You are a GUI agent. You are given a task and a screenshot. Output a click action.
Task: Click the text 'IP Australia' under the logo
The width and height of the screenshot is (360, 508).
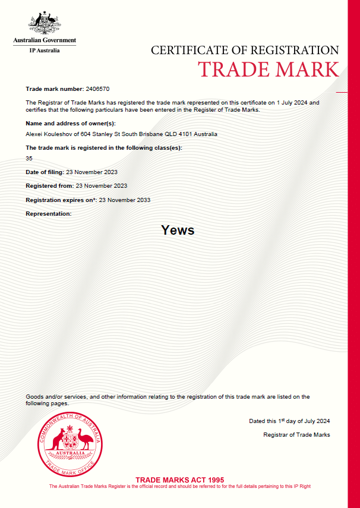[45, 50]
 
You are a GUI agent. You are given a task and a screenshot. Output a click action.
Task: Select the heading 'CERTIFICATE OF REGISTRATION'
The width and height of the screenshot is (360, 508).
[245, 51]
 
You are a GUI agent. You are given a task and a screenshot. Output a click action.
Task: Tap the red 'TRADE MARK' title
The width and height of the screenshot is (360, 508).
[269, 69]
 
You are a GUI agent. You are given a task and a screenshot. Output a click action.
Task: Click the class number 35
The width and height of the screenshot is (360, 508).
[29, 159]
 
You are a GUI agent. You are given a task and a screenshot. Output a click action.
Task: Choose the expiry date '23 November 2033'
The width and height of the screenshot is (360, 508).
[125, 200]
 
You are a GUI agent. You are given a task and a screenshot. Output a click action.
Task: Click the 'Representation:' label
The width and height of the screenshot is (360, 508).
[49, 213]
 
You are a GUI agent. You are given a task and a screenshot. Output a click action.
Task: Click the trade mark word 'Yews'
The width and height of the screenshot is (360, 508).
[178, 230]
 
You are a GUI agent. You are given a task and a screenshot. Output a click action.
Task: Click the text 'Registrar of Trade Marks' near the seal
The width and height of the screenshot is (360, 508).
[296, 435]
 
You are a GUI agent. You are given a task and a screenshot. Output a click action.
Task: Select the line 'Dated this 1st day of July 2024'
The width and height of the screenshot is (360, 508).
[289, 421]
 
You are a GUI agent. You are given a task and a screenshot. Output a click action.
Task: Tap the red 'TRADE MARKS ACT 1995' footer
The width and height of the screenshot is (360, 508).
[179, 479]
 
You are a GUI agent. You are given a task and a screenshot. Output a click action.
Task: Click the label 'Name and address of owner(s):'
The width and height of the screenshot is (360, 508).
[71, 123]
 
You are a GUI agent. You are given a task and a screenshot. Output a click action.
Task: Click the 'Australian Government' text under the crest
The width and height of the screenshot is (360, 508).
[45, 41]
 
